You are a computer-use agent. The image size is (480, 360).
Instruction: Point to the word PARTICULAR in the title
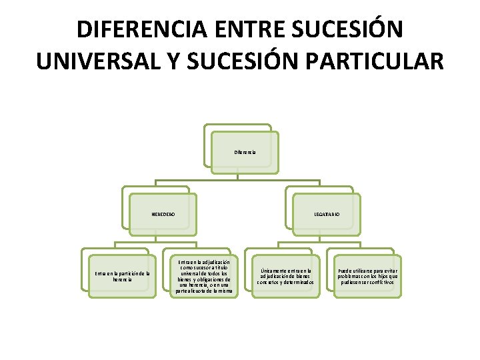(x=381, y=61)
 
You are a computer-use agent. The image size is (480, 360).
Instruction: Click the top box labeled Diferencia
(x=245, y=153)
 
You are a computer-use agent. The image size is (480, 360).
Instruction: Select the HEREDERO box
(x=163, y=214)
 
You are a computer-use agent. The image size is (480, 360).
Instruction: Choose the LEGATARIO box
(x=327, y=214)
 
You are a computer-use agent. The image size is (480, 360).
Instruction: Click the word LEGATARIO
(x=327, y=214)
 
